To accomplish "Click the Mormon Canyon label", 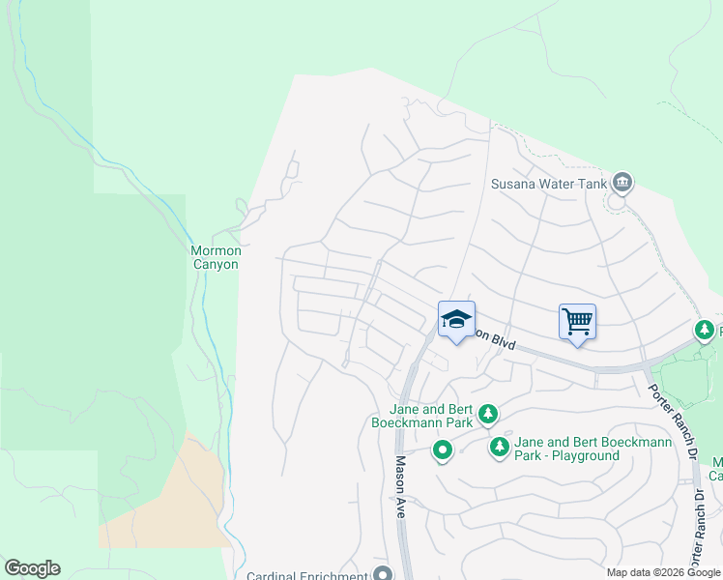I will [214, 257].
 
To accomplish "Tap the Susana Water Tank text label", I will [547, 184].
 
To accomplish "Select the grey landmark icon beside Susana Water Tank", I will [622, 182].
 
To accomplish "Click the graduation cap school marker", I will [456, 321].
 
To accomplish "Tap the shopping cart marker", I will [577, 320].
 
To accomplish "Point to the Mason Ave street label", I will [399, 488].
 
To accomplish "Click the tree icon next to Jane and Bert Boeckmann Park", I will [488, 415].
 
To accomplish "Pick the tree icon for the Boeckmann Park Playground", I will [499, 447].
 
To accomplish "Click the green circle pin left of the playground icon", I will [443, 450].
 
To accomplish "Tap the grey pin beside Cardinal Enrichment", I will [383, 574].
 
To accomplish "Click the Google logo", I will [32, 568].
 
